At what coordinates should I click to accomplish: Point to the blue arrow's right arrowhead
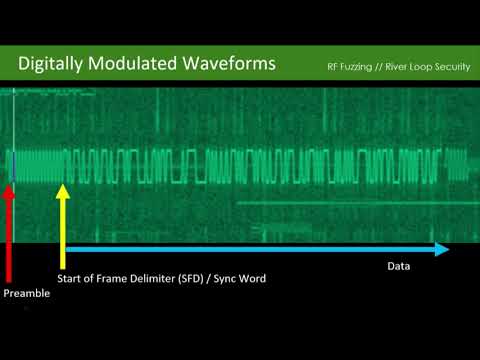click(442, 248)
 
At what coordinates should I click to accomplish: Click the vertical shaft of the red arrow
click(9, 240)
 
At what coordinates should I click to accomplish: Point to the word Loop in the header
click(420, 68)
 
